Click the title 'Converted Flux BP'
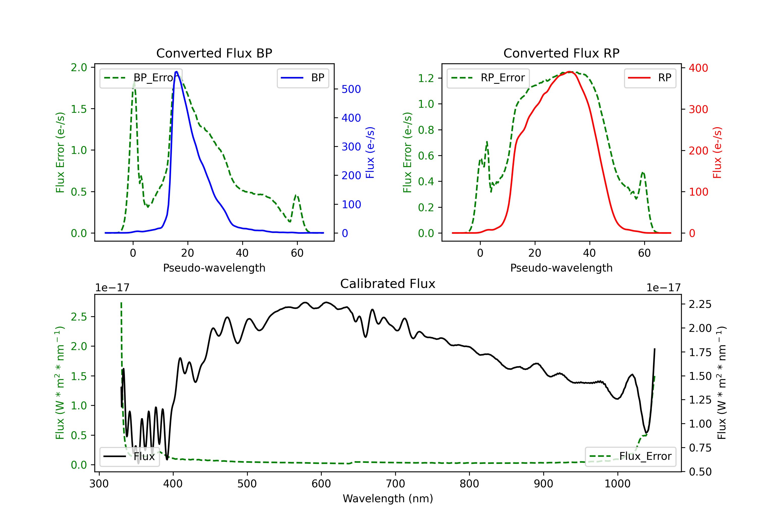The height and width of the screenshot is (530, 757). coord(214,53)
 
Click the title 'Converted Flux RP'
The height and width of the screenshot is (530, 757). coord(561,53)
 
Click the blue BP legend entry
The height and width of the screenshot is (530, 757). coord(303,78)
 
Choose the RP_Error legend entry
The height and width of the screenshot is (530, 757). coord(488,78)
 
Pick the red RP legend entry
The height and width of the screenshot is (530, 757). coord(650,78)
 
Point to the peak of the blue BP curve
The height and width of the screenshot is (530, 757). coord(177,72)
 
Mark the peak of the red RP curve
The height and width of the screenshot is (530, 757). coord(570,72)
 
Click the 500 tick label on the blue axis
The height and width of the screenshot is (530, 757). coord(351,89)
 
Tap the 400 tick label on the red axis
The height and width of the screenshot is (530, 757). coord(698,68)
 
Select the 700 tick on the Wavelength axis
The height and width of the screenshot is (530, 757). coord(395,484)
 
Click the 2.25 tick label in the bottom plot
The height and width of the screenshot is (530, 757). coord(700,304)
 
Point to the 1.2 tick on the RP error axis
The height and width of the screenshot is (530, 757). coord(426,78)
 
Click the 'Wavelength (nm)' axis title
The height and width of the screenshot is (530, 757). coord(388,498)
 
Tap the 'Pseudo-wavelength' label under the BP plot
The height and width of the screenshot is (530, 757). coord(214,268)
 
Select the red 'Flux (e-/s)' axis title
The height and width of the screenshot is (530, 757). coord(717,152)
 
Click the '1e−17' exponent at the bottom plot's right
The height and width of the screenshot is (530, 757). coord(663,288)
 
